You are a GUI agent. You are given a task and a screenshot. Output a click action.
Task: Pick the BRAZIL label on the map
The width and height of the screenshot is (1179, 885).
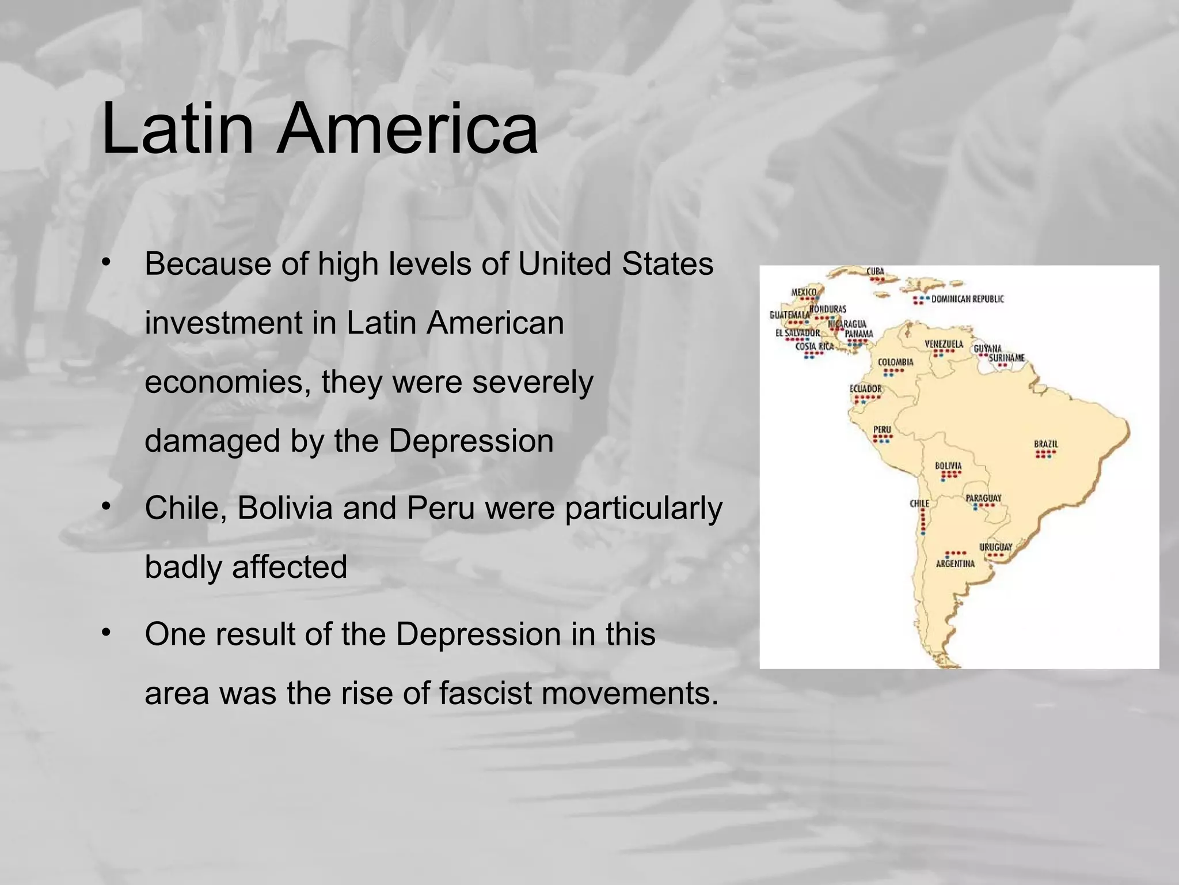pyautogui.click(x=1045, y=444)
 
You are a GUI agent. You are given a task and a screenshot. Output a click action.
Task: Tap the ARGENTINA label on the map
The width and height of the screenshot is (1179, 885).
pyautogui.click(x=955, y=563)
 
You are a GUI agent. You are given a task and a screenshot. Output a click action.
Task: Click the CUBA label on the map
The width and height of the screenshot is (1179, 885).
pyautogui.click(x=875, y=271)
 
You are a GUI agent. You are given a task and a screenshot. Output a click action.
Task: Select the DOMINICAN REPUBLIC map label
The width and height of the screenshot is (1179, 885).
pyautogui.click(x=967, y=298)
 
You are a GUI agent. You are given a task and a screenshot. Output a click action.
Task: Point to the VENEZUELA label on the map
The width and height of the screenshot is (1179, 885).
pyautogui.click(x=944, y=344)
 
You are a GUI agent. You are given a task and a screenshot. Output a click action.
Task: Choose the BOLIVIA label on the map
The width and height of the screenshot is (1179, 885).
pyautogui.click(x=948, y=466)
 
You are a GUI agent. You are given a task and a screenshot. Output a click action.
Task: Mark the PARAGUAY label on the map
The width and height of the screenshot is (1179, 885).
pyautogui.click(x=983, y=498)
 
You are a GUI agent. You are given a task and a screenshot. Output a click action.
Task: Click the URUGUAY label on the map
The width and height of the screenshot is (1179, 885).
pyautogui.click(x=995, y=547)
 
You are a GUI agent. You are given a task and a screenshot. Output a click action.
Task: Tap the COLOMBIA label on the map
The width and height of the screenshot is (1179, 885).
pyautogui.click(x=895, y=362)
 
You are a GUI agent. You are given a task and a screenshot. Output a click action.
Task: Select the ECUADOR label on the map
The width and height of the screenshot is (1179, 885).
pyautogui.click(x=865, y=389)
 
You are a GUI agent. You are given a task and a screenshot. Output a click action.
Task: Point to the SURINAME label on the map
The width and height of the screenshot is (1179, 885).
pyautogui.click(x=1006, y=358)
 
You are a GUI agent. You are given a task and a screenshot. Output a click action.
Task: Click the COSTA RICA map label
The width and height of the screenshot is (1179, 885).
pyautogui.click(x=814, y=346)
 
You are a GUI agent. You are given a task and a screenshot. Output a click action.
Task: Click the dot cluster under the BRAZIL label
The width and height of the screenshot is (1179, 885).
pyautogui.click(x=1045, y=454)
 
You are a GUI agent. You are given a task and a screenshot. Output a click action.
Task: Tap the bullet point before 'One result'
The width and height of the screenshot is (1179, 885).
pyautogui.click(x=105, y=633)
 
